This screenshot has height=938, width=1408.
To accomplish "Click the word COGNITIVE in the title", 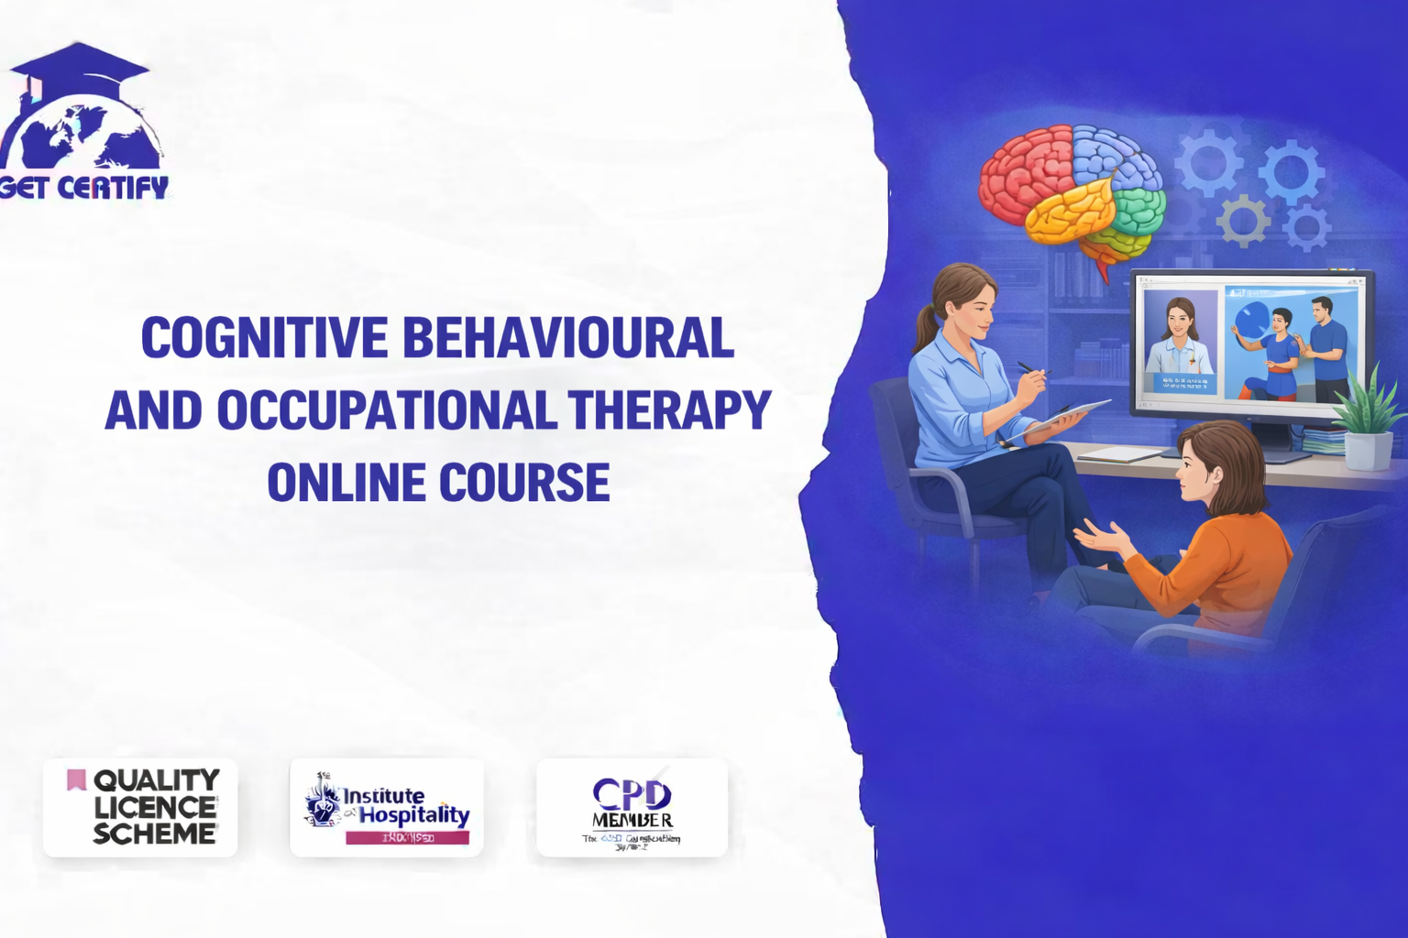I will tap(264, 338).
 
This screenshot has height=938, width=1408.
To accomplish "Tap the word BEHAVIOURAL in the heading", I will tap(567, 338).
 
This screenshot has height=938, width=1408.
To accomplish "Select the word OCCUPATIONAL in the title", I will tap(386, 410).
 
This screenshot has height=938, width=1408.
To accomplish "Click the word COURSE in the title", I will tap(524, 483).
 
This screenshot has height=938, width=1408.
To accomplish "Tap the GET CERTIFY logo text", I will tap(84, 188).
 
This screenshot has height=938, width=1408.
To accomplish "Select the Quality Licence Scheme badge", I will tap(140, 807).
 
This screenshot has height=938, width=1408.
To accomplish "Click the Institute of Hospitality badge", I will tap(387, 807).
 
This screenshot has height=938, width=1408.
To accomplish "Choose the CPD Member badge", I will tap(632, 807).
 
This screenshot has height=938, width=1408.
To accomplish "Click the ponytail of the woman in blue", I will tap(924, 330).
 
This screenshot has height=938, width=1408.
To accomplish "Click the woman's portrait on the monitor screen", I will tap(1180, 339).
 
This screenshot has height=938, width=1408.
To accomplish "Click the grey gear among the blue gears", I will tap(1243, 220).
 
